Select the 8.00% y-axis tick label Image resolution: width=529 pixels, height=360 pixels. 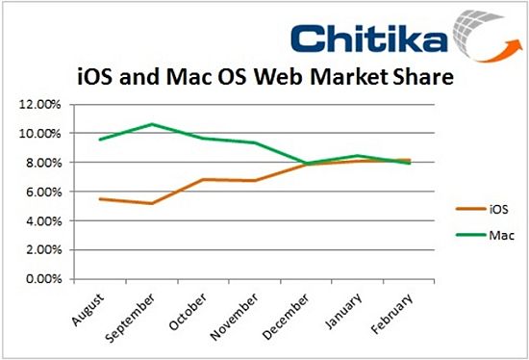coord(38,163)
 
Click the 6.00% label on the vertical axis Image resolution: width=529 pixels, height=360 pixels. coord(38,192)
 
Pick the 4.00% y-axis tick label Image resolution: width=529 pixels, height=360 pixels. coord(38,221)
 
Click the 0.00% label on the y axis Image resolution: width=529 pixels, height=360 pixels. coord(38,280)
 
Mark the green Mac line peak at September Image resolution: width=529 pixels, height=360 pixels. coord(150,124)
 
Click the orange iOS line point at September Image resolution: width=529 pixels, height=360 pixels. coord(150,203)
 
